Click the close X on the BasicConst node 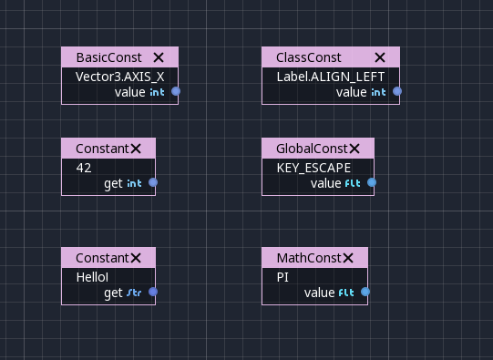click(159, 57)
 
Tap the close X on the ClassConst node click(380, 57)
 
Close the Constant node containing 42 click(136, 148)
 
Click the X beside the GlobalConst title click(354, 148)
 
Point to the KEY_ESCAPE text click(313, 167)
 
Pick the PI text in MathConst click(282, 276)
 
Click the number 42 click(84, 167)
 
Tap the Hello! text click(92, 276)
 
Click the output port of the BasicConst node click(176, 91)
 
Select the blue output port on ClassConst click(397, 91)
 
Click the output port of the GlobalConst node click(372, 182)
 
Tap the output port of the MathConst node click(365, 292)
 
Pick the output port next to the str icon click(153, 292)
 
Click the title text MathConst click(308, 257)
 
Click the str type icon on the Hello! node click(134, 293)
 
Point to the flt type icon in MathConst click(346, 293)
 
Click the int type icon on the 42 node click(134, 183)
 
